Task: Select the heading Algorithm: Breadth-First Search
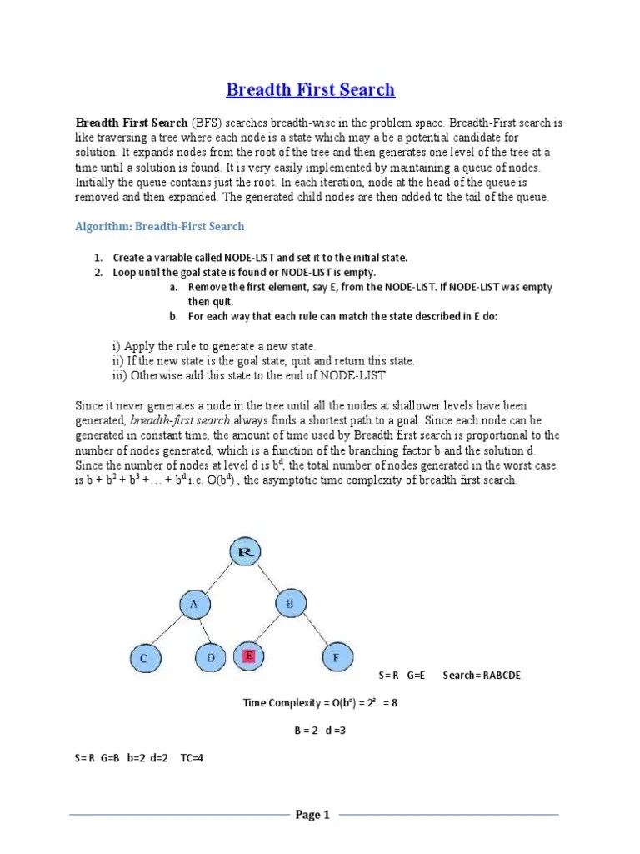point(160,226)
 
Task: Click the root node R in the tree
point(245,552)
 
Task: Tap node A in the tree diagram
point(194,605)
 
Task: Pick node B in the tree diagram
point(289,604)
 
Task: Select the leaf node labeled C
point(144,658)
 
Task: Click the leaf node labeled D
point(211,658)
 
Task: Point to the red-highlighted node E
point(248,657)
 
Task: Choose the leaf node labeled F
point(336,658)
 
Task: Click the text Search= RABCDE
point(482,675)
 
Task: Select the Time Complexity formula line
point(320,702)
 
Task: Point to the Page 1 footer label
point(313,815)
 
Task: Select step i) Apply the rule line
point(214,345)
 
